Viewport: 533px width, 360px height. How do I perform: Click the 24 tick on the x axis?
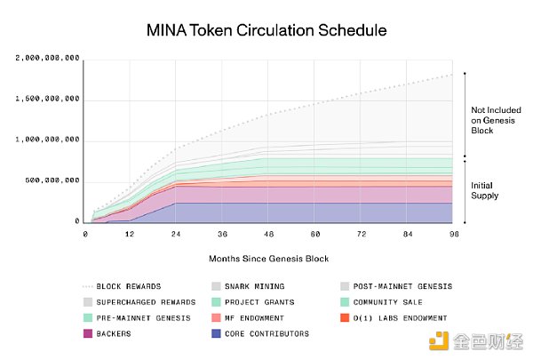(x=176, y=233)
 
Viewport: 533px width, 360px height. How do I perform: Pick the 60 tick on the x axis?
(x=314, y=233)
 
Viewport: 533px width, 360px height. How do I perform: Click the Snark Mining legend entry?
(x=253, y=286)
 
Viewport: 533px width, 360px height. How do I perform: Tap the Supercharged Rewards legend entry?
(x=133, y=302)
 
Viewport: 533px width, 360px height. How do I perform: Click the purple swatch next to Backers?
(x=88, y=333)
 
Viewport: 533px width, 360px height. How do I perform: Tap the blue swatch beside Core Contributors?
(x=216, y=333)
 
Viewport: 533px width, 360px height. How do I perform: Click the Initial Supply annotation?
(x=484, y=191)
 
